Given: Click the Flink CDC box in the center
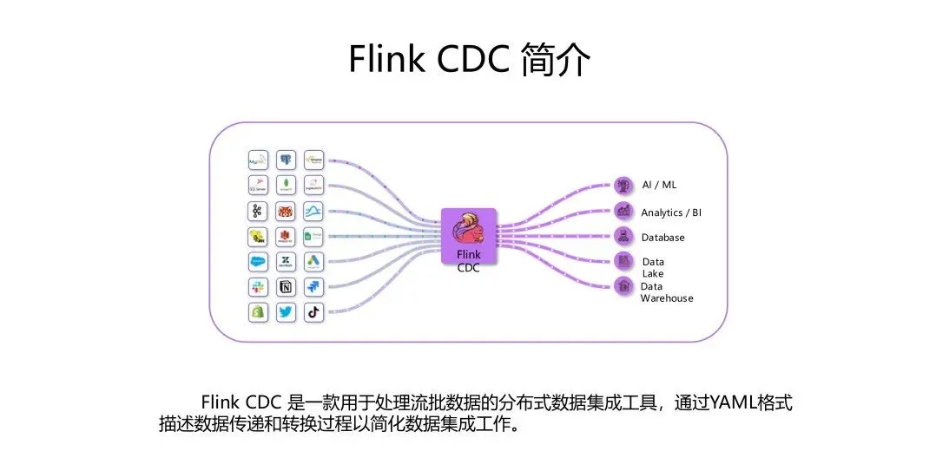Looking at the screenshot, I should point(468,240).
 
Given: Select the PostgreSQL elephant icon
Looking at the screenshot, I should point(286,160).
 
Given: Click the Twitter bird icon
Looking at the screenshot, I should point(286,312).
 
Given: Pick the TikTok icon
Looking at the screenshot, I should point(313,312).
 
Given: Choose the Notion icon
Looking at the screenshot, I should point(286,286).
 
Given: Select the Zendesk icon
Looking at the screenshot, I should point(286,261).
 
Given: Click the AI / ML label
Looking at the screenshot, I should point(658,186).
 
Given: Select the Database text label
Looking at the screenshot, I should point(662,238).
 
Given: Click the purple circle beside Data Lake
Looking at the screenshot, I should point(623,260).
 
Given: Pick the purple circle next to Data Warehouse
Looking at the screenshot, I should point(623,285).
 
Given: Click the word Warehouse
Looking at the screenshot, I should point(667,298).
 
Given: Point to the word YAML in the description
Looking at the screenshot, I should point(732,403).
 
